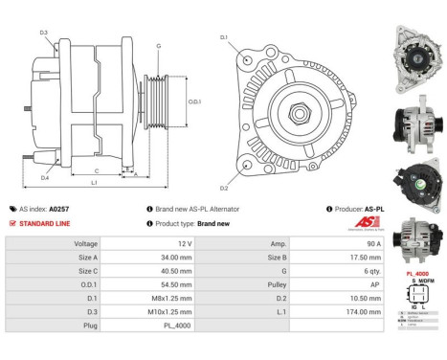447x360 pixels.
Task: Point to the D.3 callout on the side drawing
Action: click(x=44, y=34)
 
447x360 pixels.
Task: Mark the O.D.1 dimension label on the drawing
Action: click(x=193, y=101)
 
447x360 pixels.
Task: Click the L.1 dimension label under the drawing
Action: click(x=94, y=182)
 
